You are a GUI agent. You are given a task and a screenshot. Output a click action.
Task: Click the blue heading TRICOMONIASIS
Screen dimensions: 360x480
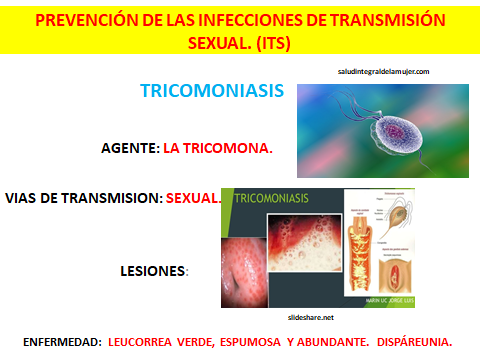click(212, 92)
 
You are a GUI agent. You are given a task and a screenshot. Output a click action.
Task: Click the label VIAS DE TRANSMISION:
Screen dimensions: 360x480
click(83, 197)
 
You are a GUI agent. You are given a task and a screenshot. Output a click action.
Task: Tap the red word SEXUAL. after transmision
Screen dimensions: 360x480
click(194, 197)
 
